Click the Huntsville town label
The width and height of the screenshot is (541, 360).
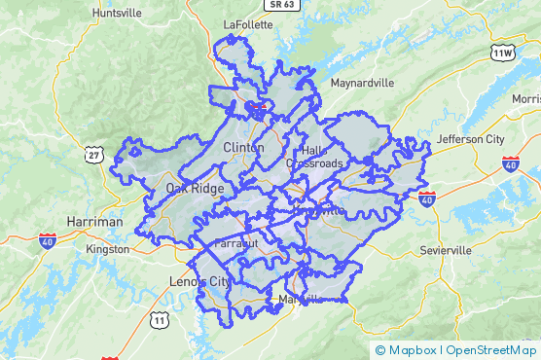116,13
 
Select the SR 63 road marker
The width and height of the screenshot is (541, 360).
283,4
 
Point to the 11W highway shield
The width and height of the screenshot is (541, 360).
502,52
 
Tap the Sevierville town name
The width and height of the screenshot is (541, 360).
446,250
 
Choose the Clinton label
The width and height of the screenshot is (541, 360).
243,148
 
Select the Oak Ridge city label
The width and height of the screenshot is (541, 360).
195,189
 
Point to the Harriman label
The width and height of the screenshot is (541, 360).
95,222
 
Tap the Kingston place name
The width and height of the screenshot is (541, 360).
107,249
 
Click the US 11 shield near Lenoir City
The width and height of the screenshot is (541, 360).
160,319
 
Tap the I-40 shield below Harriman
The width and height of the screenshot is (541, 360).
48,240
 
